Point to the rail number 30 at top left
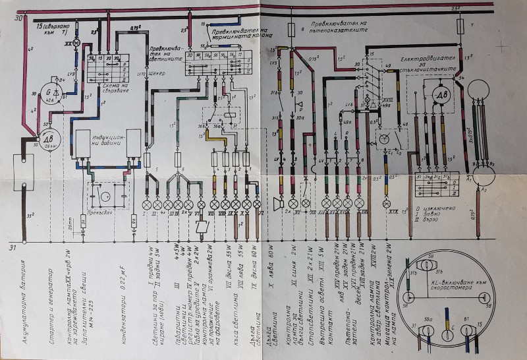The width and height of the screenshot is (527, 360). pyautogui.click(x=18, y=18)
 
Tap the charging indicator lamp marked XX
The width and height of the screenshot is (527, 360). pyautogui.click(x=76, y=43)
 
